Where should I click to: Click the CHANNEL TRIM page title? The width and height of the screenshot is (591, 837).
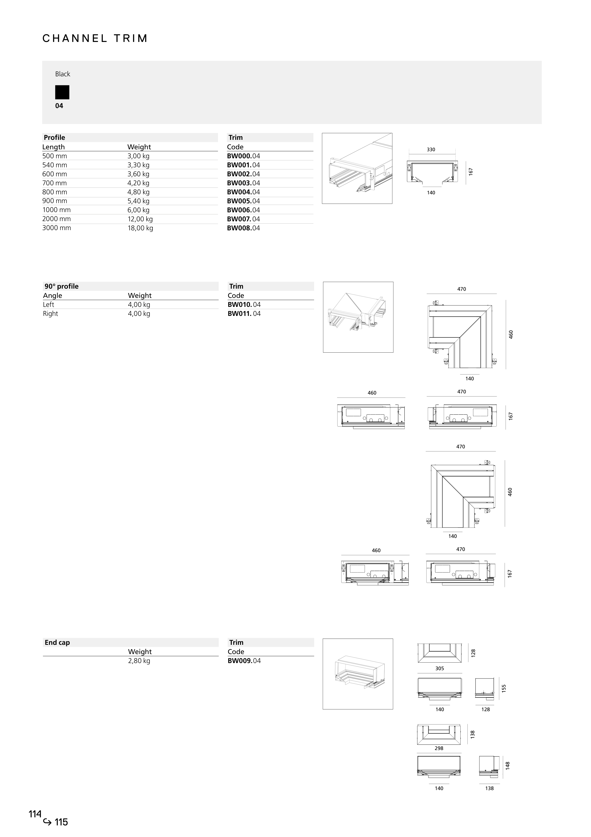[95, 39]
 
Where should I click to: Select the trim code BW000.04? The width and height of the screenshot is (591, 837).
[243, 156]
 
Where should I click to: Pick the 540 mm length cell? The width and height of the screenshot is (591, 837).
[55, 165]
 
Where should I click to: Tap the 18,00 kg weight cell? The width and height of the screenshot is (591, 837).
[140, 228]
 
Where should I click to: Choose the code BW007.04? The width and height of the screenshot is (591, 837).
[243, 219]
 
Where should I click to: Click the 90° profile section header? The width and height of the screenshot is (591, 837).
[62, 286]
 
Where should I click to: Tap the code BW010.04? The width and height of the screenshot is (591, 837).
[244, 305]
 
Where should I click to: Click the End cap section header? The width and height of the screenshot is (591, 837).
[57, 642]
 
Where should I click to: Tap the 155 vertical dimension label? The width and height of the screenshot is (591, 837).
[504, 688]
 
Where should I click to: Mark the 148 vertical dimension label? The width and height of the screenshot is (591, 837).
[508, 765]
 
